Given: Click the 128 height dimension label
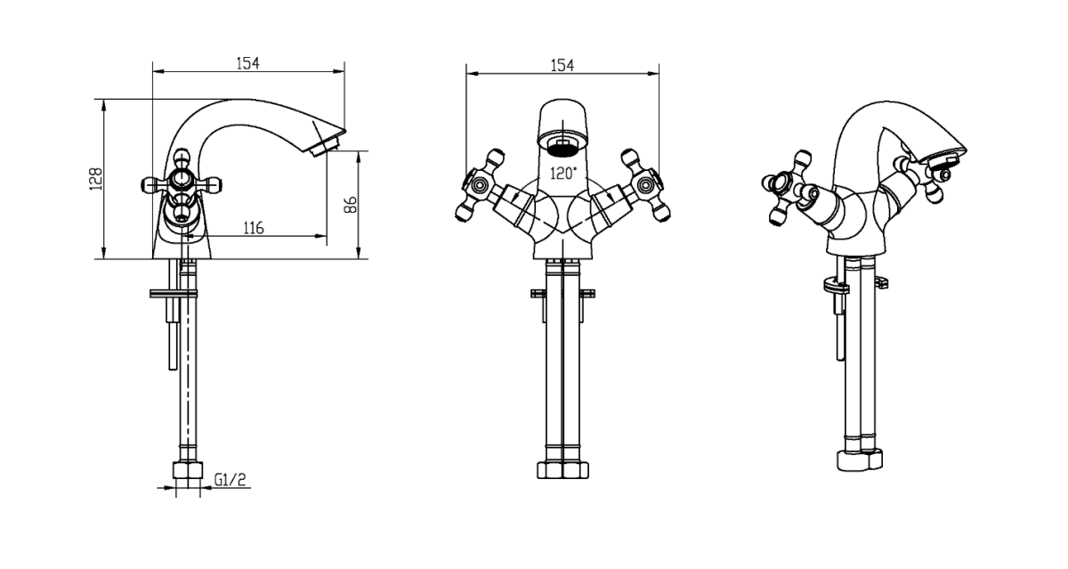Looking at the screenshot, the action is coord(97,179).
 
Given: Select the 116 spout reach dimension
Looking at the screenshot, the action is coord(254,228).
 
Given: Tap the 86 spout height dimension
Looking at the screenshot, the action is coord(351,205).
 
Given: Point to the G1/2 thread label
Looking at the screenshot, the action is coord(231,479).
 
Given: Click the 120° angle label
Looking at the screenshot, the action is coord(563,173).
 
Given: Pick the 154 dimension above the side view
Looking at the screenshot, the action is coord(248,63).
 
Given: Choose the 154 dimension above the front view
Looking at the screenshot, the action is coord(562,65).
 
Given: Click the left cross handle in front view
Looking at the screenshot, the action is coord(479,184).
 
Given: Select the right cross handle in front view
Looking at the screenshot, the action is coord(646,184).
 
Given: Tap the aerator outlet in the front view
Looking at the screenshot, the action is coord(562,146).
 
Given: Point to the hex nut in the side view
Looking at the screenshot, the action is coord(188,470).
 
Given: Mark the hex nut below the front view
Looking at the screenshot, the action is coord(562,470).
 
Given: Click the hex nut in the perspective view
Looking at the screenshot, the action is coord(860,460).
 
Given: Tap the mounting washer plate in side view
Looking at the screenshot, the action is coord(174,294).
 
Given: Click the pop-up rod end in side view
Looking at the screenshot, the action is coord(173,366).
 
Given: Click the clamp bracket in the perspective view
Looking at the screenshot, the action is coord(837,287).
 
